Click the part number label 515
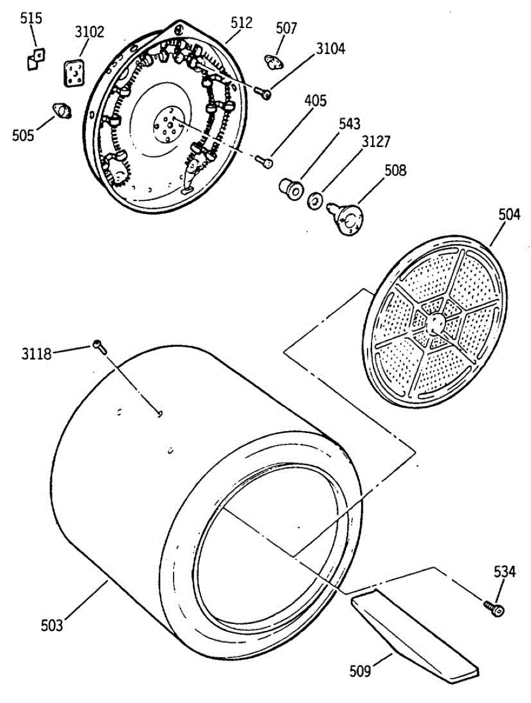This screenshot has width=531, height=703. click(31, 18)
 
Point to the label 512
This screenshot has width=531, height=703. click(241, 23)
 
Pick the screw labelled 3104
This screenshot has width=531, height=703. click(264, 93)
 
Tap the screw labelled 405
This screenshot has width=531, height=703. click(266, 161)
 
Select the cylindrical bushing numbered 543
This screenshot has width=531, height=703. click(290, 189)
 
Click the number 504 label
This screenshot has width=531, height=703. click(509, 214)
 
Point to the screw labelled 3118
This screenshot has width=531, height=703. click(99, 346)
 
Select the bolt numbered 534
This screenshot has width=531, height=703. click(494, 608)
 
